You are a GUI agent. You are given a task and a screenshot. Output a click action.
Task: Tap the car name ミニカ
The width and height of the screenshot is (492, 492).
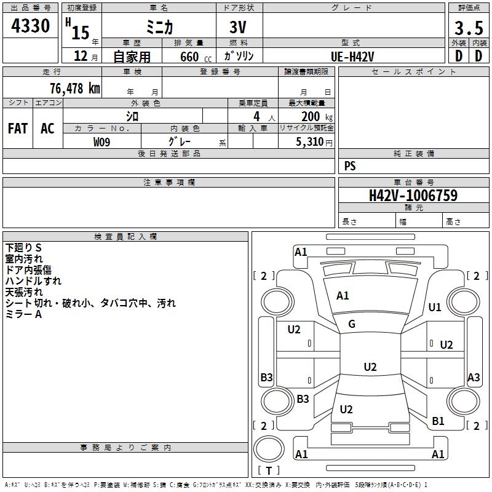pos(158,28)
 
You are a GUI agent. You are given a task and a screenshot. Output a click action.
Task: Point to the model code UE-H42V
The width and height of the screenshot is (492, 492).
pos(353,56)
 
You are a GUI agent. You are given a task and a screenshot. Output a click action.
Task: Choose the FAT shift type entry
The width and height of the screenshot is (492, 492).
pos(18,129)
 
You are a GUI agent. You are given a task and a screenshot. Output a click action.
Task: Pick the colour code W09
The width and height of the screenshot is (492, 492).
pos(102,142)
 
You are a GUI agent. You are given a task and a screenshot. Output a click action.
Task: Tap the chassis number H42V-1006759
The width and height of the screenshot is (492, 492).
pos(413,196)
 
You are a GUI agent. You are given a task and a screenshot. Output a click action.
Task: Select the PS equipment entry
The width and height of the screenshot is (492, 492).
pos(350,166)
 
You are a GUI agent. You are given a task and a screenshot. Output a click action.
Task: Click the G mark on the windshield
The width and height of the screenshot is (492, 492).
pos(352,324)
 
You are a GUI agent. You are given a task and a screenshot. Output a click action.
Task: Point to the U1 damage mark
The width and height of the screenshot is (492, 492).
pos(435,307)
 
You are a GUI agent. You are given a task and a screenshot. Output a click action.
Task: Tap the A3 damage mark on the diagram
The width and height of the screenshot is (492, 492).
pos(474,378)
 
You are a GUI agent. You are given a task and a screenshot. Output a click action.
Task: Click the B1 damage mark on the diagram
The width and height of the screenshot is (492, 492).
pos(438,421)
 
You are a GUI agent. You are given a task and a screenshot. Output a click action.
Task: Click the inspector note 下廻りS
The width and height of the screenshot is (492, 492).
pos(23,247)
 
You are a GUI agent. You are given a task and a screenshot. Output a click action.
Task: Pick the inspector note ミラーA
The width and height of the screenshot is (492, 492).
pos(23,314)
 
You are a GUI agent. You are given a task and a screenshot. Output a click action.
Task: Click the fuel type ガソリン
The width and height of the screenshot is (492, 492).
pos(239,56)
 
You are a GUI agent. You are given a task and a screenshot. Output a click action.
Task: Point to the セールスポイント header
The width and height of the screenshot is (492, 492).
pos(414,72)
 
